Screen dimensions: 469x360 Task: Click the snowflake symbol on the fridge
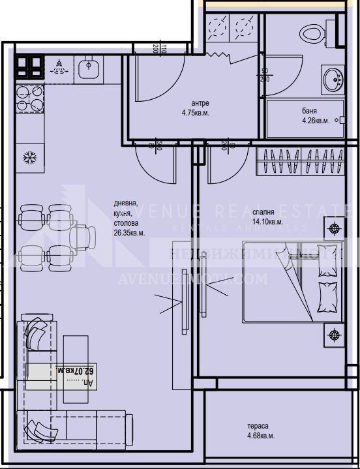coord(29,157)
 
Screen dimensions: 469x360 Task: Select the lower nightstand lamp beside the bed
coord(335,336)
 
